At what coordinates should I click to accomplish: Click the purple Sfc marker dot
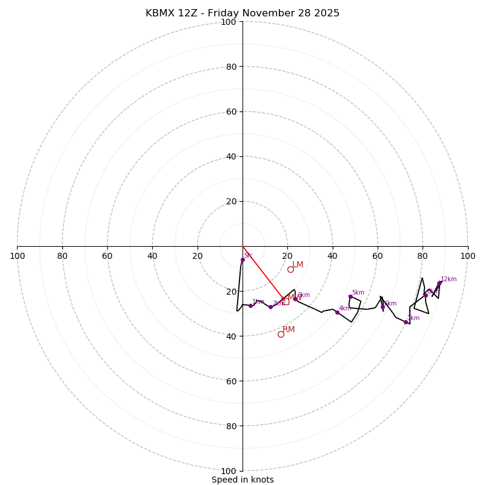[242, 259]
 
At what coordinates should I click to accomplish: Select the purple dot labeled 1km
[250, 306]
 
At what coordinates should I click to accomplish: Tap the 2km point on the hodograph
[270, 307]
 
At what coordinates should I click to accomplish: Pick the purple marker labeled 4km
[337, 312]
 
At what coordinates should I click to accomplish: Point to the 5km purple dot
[350, 296]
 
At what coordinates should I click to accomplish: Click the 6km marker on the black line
[383, 307]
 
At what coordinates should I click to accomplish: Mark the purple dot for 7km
[406, 322]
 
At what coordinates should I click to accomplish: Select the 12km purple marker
[440, 283]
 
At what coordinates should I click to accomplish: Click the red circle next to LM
[290, 269]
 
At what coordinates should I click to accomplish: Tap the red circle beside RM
[281, 334]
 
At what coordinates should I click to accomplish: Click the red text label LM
[298, 265]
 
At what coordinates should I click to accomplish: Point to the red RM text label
[289, 330]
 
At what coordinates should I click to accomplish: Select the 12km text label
[449, 279]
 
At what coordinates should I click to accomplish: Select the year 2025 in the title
[327, 13]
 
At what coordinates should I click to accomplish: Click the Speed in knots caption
[242, 480]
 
